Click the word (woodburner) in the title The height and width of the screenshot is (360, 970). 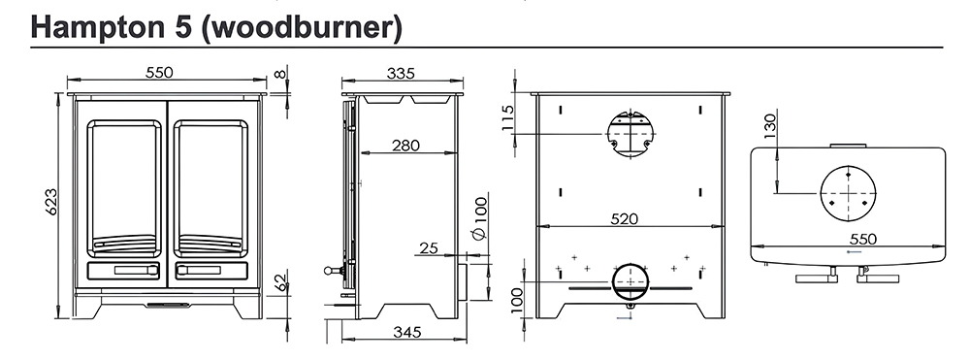coord(303,27)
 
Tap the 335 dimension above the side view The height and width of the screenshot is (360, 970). coord(401,73)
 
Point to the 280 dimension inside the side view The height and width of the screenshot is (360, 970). coord(405,146)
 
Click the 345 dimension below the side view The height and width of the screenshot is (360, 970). coord(407,332)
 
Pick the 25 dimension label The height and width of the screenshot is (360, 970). coord(429,248)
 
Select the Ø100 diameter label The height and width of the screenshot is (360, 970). coord(480,215)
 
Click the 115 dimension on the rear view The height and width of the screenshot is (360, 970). coord(508,117)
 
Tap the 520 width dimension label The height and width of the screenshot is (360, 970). coord(624,219)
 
